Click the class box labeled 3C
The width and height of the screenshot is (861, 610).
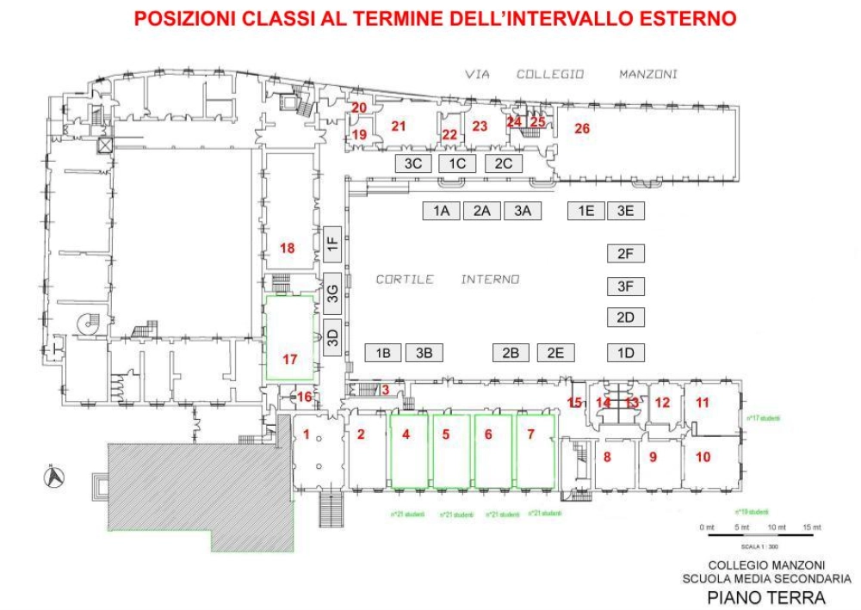[x=412, y=163]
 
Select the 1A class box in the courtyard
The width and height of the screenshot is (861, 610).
[x=442, y=210]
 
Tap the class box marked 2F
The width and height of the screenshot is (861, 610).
[x=626, y=253]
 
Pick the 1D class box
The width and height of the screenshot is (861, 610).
[x=626, y=352]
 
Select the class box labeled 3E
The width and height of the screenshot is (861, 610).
[x=626, y=210]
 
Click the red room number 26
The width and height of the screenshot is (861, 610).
[x=582, y=129]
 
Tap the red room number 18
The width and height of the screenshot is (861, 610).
[x=288, y=248]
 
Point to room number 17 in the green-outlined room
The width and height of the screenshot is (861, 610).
[x=290, y=360]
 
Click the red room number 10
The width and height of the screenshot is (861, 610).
[x=703, y=457]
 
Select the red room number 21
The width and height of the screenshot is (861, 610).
[x=398, y=126]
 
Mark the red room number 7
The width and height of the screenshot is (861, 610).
[x=530, y=434]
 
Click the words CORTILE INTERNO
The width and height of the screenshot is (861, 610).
[x=447, y=280]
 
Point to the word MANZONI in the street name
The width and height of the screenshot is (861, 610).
[x=647, y=75]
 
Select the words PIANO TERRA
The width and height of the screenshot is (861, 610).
[x=765, y=597]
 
